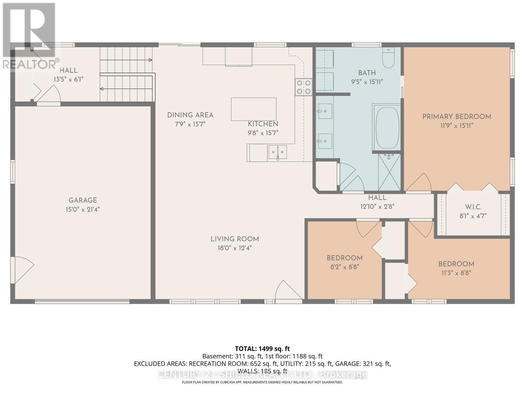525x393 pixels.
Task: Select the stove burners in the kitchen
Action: (304, 87)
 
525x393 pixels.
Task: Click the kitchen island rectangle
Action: (254, 109)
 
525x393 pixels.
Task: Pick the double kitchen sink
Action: (278, 152)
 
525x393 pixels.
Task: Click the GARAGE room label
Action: (83, 200)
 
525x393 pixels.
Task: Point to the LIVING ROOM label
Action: (235, 239)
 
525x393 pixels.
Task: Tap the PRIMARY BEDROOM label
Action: (456, 117)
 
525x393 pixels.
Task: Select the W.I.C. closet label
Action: (473, 207)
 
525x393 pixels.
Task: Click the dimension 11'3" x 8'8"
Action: (456, 273)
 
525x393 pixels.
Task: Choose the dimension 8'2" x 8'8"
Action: (345, 267)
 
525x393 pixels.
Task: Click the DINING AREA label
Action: (190, 115)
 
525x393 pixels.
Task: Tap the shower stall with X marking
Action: (389, 173)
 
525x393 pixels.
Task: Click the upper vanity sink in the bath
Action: (325, 111)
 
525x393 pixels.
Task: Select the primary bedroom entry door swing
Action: (420, 183)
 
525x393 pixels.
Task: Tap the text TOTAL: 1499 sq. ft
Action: (262, 349)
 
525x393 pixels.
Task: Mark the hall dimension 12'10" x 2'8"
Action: (377, 207)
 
